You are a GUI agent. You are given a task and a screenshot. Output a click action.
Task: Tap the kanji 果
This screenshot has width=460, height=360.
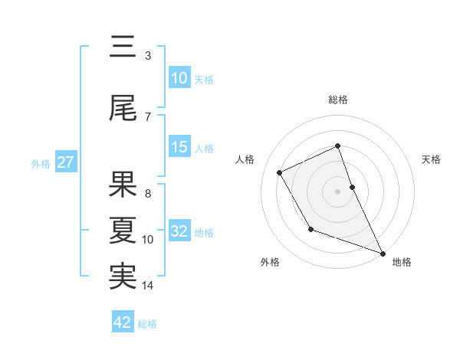[123, 182]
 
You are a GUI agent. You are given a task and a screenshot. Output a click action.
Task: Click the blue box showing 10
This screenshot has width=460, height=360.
[179, 78]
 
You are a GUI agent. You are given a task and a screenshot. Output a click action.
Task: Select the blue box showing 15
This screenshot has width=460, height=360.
[179, 147]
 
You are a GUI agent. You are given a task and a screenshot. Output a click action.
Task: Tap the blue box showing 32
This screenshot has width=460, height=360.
[179, 231]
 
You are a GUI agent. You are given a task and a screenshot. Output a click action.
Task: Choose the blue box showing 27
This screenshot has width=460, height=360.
[65, 162]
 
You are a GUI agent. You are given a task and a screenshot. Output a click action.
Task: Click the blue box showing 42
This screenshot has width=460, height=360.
[123, 322]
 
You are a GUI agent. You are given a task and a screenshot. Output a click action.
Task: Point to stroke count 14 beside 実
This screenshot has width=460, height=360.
[148, 286]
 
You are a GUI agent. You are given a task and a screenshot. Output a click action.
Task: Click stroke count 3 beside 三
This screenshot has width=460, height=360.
[147, 56]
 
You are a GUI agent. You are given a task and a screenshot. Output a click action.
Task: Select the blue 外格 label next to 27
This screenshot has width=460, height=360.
[41, 163]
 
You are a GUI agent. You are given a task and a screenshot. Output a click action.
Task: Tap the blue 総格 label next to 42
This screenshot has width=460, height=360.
[147, 324]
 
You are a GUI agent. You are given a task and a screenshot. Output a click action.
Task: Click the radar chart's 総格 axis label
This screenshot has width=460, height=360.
[337, 100]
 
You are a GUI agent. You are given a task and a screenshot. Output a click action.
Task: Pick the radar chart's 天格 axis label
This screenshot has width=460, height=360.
[431, 159]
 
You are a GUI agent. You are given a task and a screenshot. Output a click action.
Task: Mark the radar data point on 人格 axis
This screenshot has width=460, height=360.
[279, 172]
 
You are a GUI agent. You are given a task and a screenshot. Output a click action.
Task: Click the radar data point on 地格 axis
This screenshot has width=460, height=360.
[383, 253]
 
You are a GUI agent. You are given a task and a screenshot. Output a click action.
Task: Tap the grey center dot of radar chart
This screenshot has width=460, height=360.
[337, 191]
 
